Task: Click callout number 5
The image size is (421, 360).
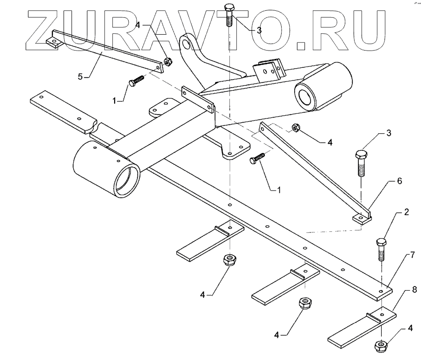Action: (80, 76)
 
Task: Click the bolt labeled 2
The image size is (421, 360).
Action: (381, 249)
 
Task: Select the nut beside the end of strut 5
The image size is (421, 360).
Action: (167, 61)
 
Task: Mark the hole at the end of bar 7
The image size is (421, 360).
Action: (381, 290)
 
